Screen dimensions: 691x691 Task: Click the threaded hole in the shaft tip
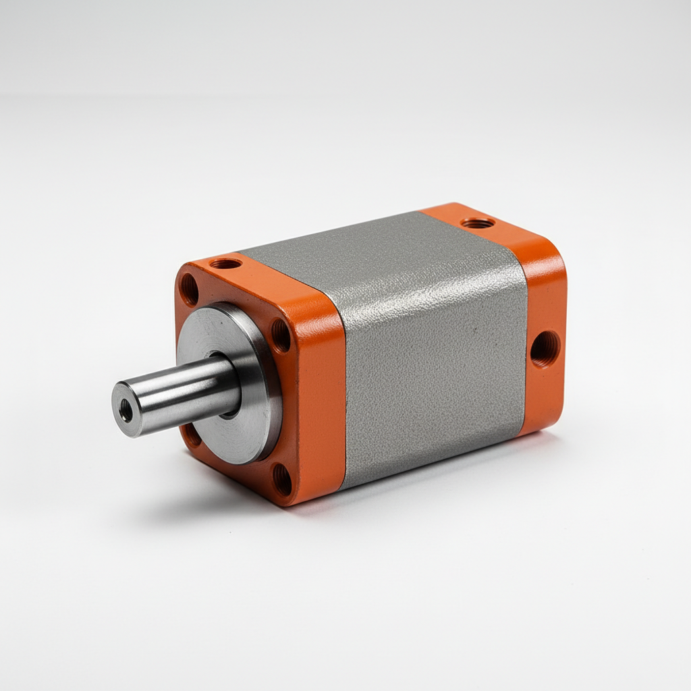click(x=126, y=410)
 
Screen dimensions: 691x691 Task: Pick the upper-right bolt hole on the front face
click(x=280, y=335)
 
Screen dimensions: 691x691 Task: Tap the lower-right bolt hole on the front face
click(x=282, y=479)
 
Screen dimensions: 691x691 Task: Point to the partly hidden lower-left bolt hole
click(x=192, y=435)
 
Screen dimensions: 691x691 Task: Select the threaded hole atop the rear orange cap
click(x=478, y=222)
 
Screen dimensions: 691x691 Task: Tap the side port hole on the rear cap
click(x=545, y=348)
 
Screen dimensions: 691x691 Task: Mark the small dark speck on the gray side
click(x=474, y=331)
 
